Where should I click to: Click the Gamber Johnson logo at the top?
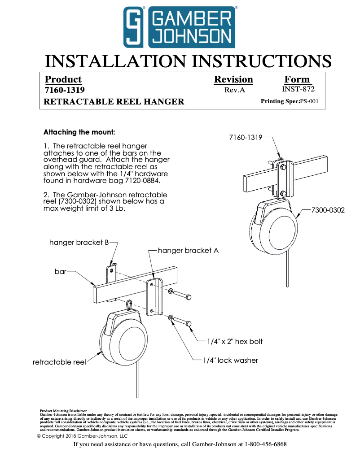[x=180, y=27]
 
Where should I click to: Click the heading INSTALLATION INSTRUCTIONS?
[x=189, y=61]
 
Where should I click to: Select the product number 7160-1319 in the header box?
[x=65, y=90]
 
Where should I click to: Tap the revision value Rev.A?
[x=234, y=90]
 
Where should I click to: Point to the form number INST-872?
[x=298, y=89]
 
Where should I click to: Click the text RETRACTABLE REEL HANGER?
[x=114, y=102]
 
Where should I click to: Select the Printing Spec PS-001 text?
[x=290, y=101]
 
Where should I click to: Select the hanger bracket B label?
[x=79, y=242]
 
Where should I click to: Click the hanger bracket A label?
[x=188, y=251]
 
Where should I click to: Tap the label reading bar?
[x=61, y=272]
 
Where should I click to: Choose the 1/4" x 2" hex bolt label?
[x=235, y=342]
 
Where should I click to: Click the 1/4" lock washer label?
[x=231, y=360]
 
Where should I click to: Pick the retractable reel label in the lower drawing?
[x=59, y=362]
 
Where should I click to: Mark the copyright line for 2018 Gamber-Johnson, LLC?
[x=82, y=436]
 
